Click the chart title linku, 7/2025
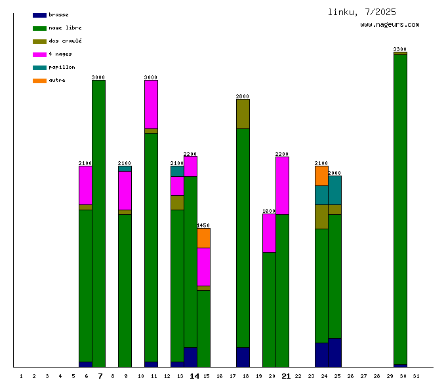(362, 12)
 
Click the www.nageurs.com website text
(390, 25)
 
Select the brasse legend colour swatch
(39, 14)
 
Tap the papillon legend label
(62, 67)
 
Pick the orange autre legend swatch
(39, 80)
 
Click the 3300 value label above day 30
(400, 49)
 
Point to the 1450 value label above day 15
(203, 225)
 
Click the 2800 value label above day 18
(243, 96)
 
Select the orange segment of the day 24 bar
(321, 176)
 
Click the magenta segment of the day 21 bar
(282, 185)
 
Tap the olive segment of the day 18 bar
(243, 114)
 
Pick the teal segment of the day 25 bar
(334, 190)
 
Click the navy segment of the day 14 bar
(190, 357)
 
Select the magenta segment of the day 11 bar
(151, 104)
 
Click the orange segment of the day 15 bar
(203, 238)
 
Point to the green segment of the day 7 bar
(98, 223)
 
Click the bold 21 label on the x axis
(286, 376)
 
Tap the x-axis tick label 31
(416, 376)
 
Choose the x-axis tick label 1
(21, 376)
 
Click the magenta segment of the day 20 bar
(269, 233)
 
